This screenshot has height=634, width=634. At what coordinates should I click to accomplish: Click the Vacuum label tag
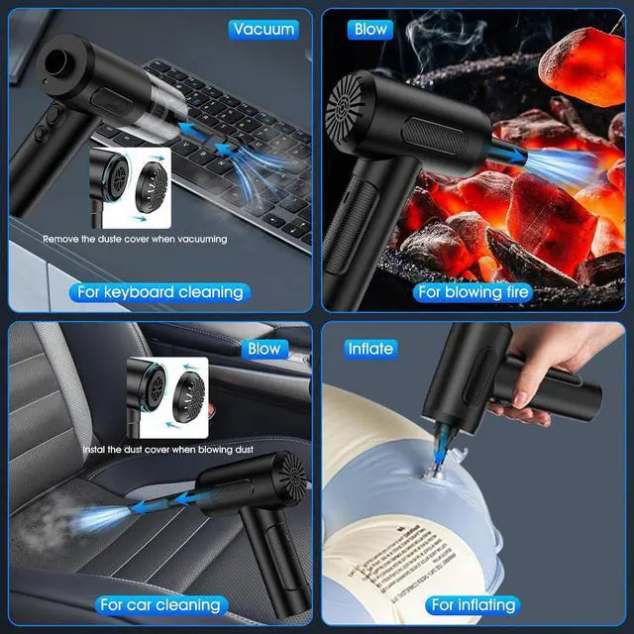point(263,29)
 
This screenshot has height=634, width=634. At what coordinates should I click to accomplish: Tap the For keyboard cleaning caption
point(159,292)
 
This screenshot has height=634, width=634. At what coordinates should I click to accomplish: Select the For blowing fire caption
point(475,292)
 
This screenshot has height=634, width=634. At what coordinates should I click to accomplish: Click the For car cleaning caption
point(159,604)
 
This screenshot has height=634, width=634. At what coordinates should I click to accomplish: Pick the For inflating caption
point(473,604)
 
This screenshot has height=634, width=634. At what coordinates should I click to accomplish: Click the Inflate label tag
point(370,349)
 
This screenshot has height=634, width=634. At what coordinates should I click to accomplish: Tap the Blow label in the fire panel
point(370,29)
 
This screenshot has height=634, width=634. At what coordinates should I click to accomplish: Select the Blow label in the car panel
point(264,349)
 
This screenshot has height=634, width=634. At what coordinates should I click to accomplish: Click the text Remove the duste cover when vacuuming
point(135,239)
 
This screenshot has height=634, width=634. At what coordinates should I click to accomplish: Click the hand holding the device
point(555,367)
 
